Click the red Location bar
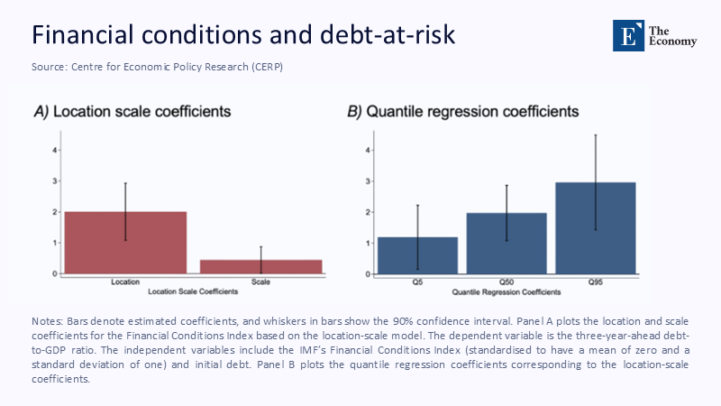coord(124,243)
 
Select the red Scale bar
coord(260,266)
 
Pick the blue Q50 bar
coord(507,243)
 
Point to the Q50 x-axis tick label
coord(507,282)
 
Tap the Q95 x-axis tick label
coord(596,282)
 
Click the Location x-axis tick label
coord(124,282)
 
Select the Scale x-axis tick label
coord(260,282)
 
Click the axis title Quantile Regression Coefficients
coord(507,292)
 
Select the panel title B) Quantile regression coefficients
coord(463,112)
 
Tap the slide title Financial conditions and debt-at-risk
coord(243,34)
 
